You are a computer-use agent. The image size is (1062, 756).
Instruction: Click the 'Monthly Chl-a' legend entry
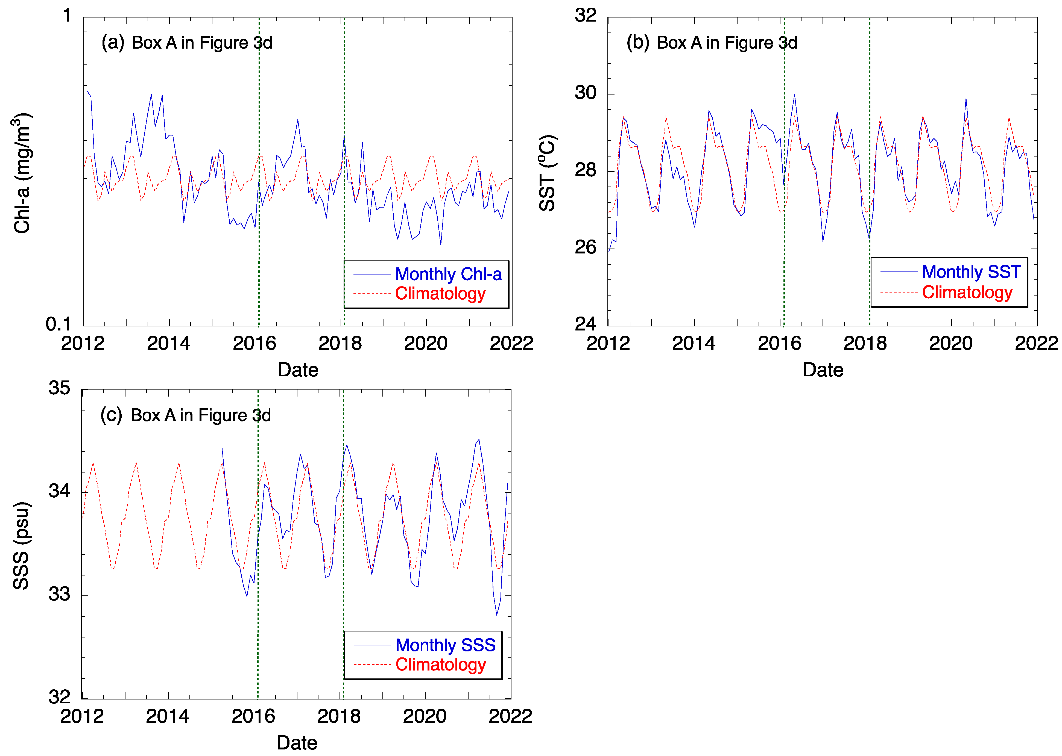coord(448,274)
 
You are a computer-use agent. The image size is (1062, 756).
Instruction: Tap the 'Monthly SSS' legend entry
coord(445,645)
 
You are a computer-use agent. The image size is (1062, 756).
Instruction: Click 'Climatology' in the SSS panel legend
coord(441,665)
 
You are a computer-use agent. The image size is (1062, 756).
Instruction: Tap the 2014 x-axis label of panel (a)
coord(169,344)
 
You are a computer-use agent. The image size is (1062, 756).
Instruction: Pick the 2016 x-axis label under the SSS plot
coord(253,716)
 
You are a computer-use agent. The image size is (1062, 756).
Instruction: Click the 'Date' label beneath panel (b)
coord(823,370)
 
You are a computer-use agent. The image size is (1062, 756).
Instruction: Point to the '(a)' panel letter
coord(113,42)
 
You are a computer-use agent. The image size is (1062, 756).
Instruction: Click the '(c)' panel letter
coord(111,415)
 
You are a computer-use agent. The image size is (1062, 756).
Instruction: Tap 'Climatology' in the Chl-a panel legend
coord(440,294)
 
